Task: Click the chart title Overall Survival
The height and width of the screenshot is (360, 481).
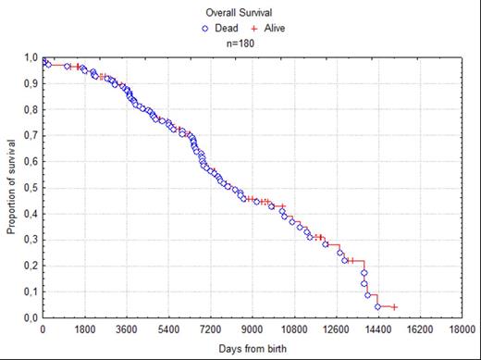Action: click(240, 12)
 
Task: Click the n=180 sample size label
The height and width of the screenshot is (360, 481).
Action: click(240, 43)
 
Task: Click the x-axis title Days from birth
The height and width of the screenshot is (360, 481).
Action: click(252, 347)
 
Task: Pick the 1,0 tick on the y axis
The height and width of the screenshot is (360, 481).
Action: click(31, 58)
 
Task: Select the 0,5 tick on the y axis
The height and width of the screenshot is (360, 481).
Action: click(31, 188)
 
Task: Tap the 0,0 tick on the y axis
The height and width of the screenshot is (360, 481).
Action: click(31, 317)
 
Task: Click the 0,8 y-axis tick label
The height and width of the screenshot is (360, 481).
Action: click(31, 110)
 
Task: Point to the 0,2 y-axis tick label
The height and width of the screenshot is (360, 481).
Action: click(31, 266)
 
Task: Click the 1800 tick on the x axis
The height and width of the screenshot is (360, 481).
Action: click(84, 329)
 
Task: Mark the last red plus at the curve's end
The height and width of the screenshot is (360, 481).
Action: click(394, 307)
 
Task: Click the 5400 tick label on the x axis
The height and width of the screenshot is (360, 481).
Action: click(168, 329)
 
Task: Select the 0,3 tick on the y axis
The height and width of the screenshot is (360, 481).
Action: click(31, 240)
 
